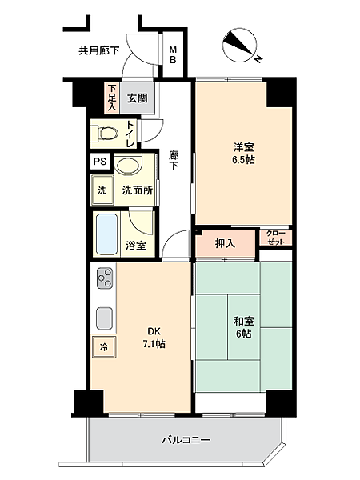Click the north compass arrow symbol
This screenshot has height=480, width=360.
pyautogui.click(x=240, y=45)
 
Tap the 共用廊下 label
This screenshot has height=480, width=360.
pyautogui.click(x=98, y=50)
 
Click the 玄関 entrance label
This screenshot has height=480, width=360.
pyautogui.click(x=137, y=99)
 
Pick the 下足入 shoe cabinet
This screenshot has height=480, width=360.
pyautogui.click(x=112, y=96)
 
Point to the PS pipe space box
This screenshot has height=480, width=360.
pyautogui.click(x=99, y=162)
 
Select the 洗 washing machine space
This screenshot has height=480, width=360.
pyautogui.click(x=102, y=191)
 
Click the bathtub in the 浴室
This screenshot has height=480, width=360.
pyautogui.click(x=106, y=233)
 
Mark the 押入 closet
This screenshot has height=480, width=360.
pyautogui.click(x=225, y=243)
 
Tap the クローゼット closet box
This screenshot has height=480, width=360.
pyautogui.click(x=274, y=238)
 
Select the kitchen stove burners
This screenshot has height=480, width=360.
pyautogui.click(x=105, y=279)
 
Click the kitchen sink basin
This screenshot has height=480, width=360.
pyautogui.click(x=104, y=320)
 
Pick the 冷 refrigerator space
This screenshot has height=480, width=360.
pyautogui.click(x=103, y=346)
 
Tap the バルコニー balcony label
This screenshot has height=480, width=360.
pyautogui.click(x=186, y=438)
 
